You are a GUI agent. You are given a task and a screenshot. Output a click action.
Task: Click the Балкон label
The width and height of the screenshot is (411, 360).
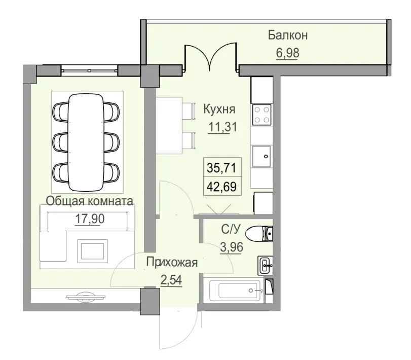(288, 35)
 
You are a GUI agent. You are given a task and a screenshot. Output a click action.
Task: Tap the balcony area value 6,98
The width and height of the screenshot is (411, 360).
(287, 52)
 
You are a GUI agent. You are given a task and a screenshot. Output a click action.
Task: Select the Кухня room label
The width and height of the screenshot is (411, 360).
(219, 109)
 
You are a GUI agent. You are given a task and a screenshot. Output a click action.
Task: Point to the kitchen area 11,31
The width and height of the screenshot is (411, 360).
(222, 125)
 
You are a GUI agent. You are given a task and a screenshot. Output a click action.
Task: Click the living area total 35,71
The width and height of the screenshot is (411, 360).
(221, 166)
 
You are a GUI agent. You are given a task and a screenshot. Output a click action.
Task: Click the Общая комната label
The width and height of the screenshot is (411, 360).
(90, 201)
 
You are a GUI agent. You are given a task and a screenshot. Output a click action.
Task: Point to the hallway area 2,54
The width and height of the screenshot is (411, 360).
(171, 280)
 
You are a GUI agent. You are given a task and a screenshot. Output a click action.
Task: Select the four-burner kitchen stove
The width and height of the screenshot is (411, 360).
(263, 115)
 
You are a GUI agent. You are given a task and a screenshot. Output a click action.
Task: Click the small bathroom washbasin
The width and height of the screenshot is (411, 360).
(266, 264)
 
